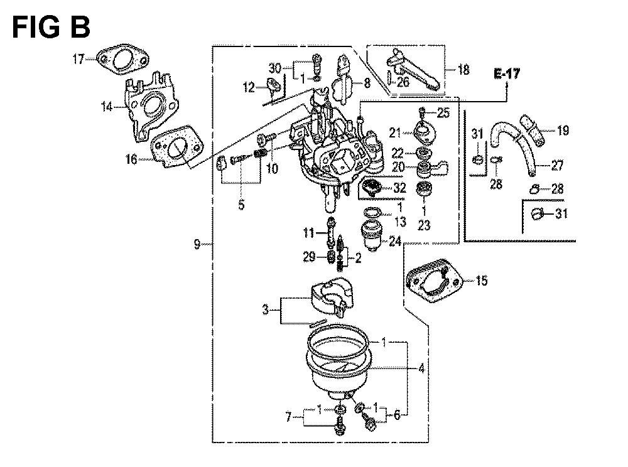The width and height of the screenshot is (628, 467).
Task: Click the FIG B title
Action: click(x=51, y=27)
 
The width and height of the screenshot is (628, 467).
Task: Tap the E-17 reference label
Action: click(x=507, y=74)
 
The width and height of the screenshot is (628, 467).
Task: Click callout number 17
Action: click(x=78, y=59)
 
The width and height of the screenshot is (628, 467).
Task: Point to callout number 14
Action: click(x=107, y=107)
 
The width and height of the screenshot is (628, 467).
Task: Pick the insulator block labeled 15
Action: click(x=434, y=280)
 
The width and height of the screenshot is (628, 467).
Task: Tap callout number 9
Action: click(x=197, y=244)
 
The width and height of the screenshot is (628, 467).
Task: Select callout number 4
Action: click(x=421, y=368)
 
